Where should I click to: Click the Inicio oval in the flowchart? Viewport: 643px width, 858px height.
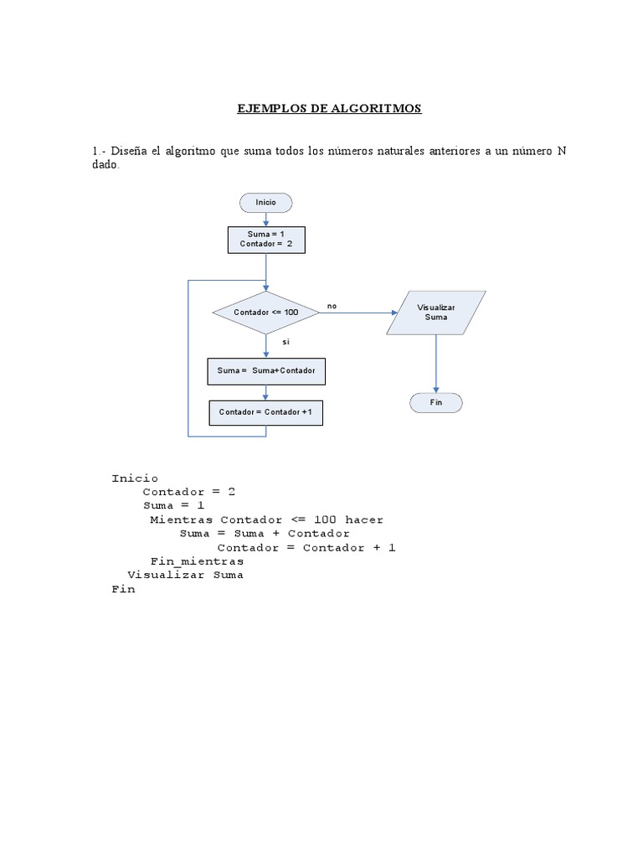pyautogui.click(x=266, y=202)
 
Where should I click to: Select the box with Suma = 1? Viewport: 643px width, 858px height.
pyautogui.click(x=266, y=240)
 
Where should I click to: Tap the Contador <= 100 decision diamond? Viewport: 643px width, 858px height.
pyautogui.click(x=266, y=313)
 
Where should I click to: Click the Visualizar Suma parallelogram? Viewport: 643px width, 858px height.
pyautogui.click(x=436, y=313)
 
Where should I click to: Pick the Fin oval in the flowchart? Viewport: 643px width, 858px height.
pyautogui.click(x=436, y=403)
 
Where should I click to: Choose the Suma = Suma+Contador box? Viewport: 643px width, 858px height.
pyautogui.click(x=266, y=371)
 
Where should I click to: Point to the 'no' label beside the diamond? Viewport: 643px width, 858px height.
pyautogui.click(x=332, y=307)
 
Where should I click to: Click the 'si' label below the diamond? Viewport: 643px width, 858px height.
pyautogui.click(x=285, y=343)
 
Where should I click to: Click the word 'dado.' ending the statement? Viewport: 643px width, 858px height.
pyautogui.click(x=106, y=165)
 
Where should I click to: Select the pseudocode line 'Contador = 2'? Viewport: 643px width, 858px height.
pyautogui.click(x=188, y=492)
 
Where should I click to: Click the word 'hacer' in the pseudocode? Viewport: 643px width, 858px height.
pyautogui.click(x=364, y=519)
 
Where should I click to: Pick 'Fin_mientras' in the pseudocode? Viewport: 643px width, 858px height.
pyautogui.click(x=197, y=561)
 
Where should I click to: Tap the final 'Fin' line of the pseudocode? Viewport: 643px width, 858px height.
pyautogui.click(x=123, y=589)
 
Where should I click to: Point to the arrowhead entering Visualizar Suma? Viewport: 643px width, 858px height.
pyautogui.click(x=395, y=313)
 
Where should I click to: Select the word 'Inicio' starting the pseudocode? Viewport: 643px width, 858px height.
pyautogui.click(x=135, y=478)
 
